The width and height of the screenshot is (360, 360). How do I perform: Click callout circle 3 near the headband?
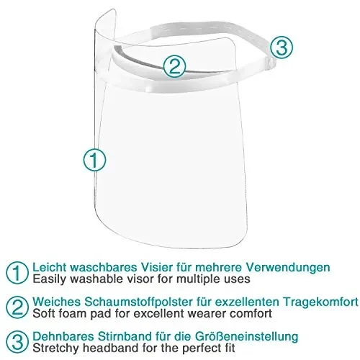coord(282,48)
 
